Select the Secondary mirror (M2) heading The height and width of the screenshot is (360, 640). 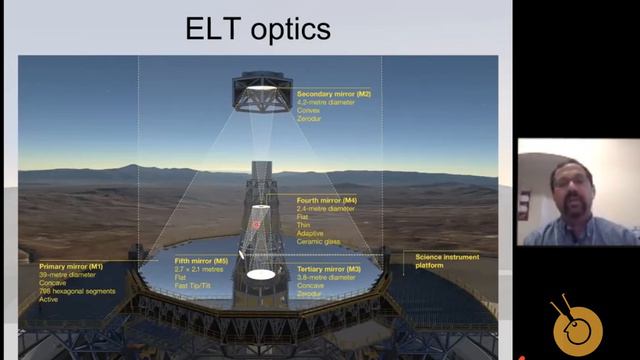click(x=333, y=94)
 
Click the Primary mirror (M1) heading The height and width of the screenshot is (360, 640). click(x=71, y=267)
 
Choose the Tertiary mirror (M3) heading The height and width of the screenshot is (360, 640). click(x=331, y=268)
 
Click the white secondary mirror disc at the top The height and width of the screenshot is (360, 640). click(x=261, y=89)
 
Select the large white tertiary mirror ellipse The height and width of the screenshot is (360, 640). click(x=261, y=273)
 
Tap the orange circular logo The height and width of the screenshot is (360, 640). click(x=578, y=327)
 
